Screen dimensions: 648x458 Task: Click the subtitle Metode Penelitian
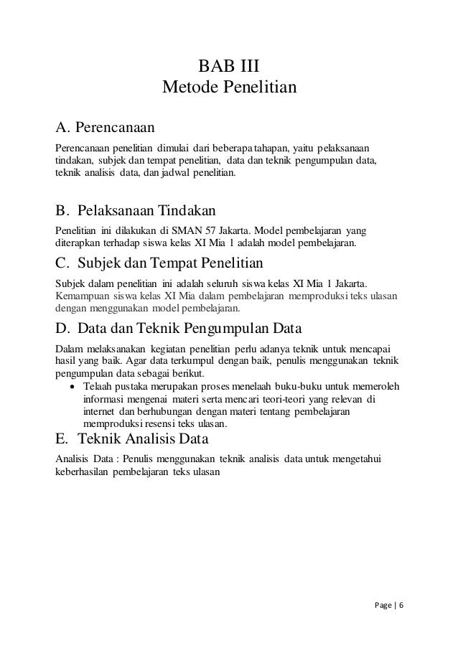[x=229, y=88]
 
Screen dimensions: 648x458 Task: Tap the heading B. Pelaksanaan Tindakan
[x=136, y=212]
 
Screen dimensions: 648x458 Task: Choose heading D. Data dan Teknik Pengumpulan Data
[x=179, y=330]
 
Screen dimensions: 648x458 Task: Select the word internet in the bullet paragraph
[x=100, y=411]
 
